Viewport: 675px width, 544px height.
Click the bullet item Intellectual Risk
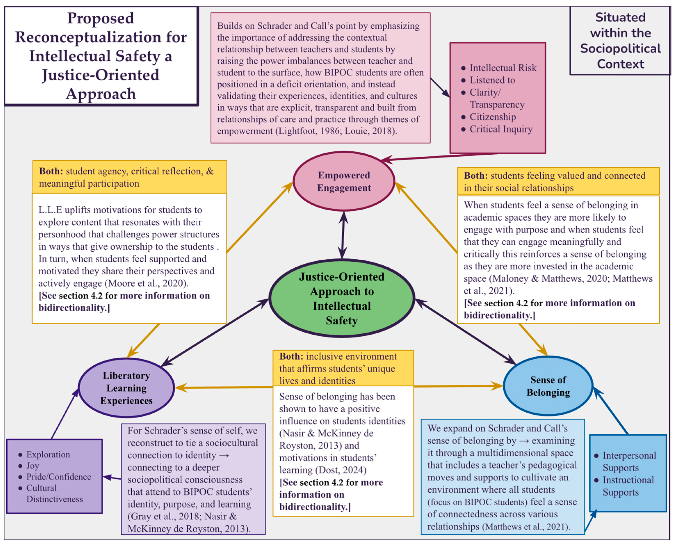click(x=503, y=68)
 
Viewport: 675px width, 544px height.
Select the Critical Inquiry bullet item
click(x=501, y=129)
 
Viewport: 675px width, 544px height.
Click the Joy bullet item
click(x=33, y=466)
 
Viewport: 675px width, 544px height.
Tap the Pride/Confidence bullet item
click(x=59, y=477)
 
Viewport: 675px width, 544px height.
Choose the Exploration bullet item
click(x=48, y=454)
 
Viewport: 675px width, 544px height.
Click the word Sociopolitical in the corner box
click(x=620, y=49)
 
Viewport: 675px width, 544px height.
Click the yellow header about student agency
click(x=129, y=177)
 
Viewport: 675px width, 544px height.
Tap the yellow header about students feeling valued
click(x=558, y=181)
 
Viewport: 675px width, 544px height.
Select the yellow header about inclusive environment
click(x=343, y=368)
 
